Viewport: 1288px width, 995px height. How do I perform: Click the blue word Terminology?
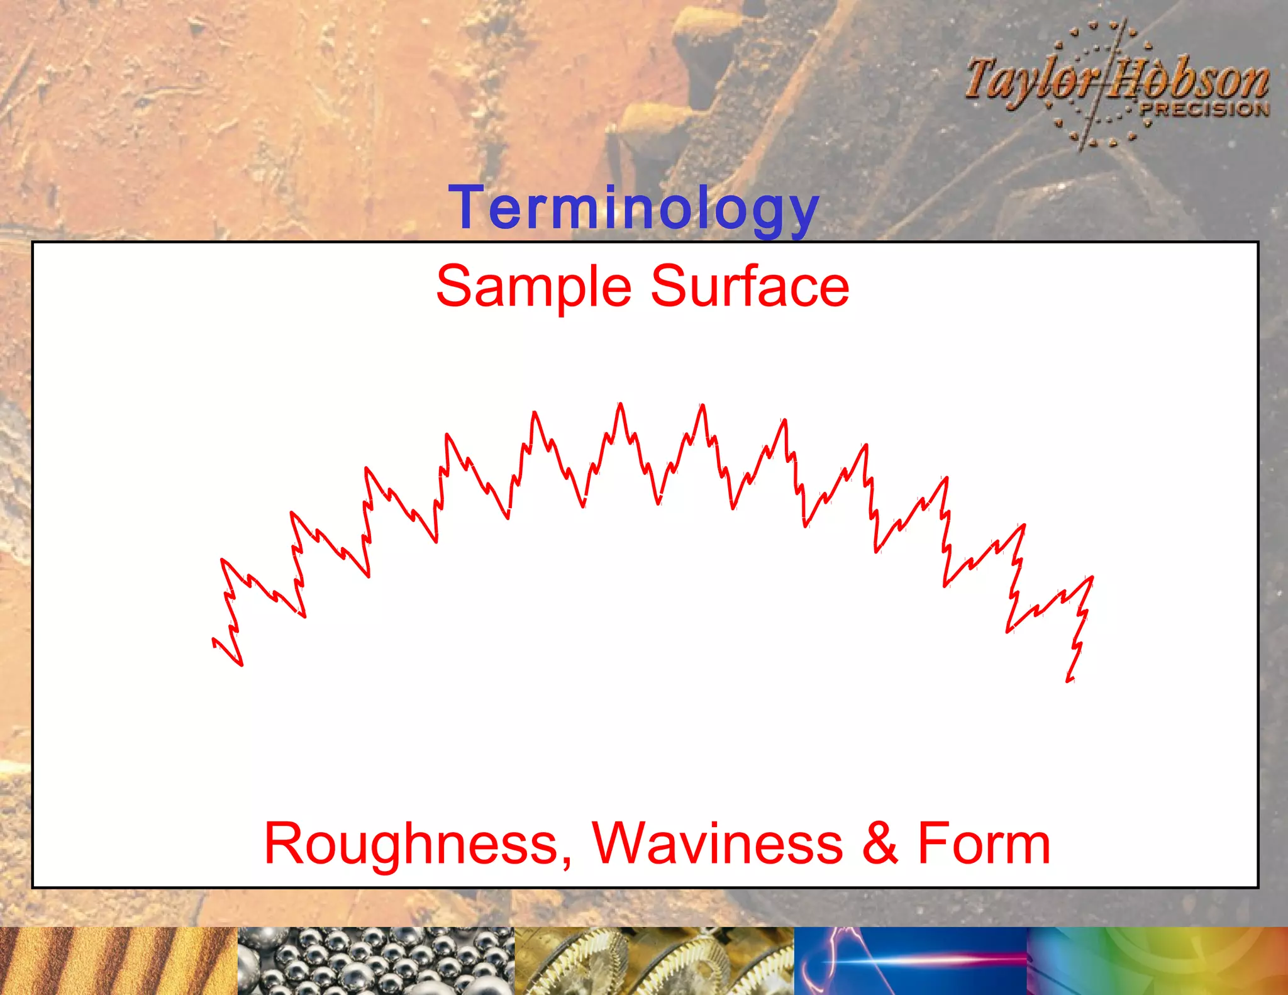633,208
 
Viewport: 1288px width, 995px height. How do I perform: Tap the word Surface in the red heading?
749,287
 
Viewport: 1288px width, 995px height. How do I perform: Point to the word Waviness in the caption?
717,843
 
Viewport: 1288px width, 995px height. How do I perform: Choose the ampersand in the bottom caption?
880,843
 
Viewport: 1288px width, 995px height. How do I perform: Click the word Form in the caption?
984,843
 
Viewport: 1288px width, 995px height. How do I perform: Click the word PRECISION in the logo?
1204,109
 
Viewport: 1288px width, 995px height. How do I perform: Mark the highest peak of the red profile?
620,404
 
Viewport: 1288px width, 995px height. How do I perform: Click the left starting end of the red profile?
214,641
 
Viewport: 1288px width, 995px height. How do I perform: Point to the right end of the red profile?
1069,680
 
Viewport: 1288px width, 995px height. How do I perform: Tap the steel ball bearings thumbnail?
376,960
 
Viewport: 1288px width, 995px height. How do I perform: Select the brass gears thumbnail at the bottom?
654,960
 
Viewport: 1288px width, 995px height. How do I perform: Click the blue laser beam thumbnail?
910,960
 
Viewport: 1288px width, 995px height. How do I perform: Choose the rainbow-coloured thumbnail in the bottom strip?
1157,960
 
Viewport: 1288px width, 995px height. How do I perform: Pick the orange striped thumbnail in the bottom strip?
118,960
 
